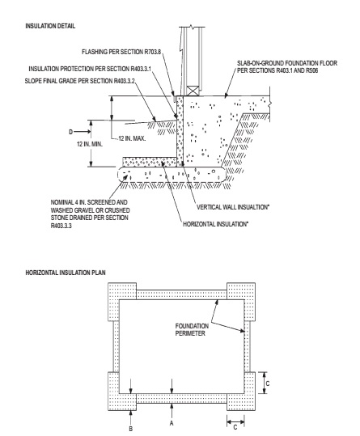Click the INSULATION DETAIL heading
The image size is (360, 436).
(50, 26)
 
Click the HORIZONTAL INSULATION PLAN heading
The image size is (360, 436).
(66, 273)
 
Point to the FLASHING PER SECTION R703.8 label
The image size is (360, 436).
(121, 52)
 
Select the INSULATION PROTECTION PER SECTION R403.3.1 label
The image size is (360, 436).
(90, 69)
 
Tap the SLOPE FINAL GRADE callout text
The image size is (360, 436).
(80, 81)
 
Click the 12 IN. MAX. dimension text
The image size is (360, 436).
(132, 138)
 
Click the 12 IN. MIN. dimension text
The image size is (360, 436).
(90, 144)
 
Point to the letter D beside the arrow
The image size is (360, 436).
(71, 132)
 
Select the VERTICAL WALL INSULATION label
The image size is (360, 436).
(233, 207)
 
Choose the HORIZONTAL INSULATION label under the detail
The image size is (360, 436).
(215, 224)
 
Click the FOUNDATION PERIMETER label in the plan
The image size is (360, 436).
(192, 329)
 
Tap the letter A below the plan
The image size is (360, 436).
(172, 423)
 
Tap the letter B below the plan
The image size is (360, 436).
(131, 429)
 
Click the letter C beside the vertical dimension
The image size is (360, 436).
(268, 383)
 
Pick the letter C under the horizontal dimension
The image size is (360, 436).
(235, 427)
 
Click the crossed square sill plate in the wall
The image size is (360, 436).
(193, 91)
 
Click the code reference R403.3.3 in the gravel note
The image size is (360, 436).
(61, 226)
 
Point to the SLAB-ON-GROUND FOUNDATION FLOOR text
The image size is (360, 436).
(287, 63)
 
